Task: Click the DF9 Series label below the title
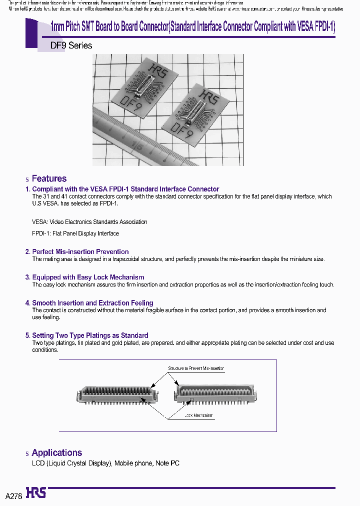(71, 45)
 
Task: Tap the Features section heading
(49, 178)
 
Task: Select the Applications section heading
(56, 452)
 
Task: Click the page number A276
(14, 495)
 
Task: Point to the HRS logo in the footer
(35, 493)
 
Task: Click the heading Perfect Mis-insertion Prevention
(80, 251)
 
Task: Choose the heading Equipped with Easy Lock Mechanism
(88, 277)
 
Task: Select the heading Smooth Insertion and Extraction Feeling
(92, 303)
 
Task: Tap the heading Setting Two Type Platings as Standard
(90, 335)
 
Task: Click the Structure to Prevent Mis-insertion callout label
(196, 368)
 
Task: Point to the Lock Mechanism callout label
(198, 415)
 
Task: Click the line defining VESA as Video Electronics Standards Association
(90, 221)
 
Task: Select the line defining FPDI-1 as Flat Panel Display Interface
(75, 233)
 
